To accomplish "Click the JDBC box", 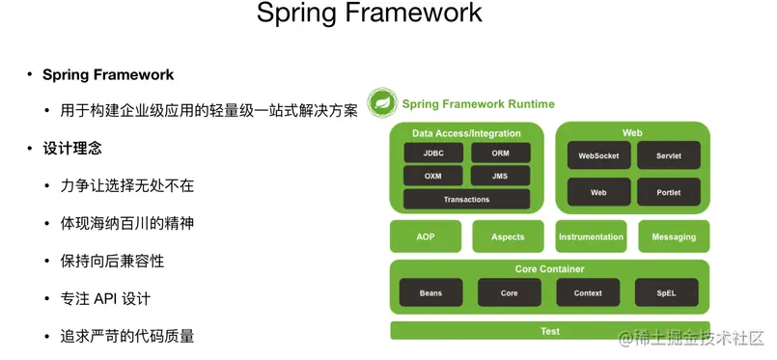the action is (433, 153).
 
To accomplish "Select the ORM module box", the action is (501, 153).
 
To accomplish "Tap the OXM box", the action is (433, 176).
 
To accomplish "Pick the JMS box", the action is (501, 176).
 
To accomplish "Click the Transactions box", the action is (467, 199).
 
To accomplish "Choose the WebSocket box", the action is (598, 155).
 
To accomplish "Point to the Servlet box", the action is (669, 155).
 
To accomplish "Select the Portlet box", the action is (669, 192).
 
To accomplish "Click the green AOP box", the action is (426, 236).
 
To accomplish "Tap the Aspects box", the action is (508, 236).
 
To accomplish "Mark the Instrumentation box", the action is (591, 236).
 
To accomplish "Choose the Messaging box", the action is (674, 236).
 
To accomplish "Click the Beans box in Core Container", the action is (430, 292).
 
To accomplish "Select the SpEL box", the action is (667, 292).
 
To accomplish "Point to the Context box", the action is (588, 292).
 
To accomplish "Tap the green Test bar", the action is (550, 331).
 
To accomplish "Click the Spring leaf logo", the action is (382, 102).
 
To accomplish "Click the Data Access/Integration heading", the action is (466, 133).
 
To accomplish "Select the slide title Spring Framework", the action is (369, 14).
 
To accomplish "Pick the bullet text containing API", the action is (105, 299).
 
